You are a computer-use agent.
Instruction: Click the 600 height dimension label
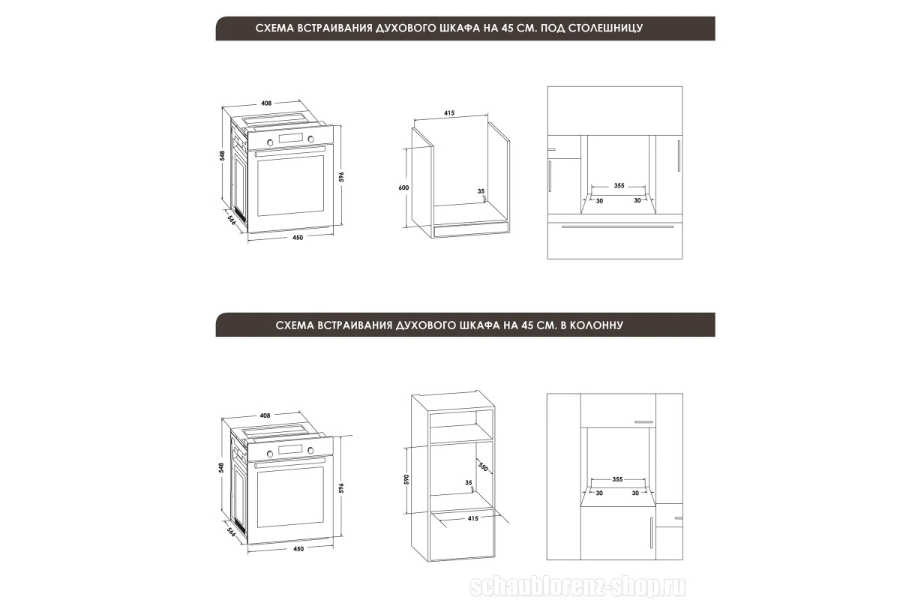403,187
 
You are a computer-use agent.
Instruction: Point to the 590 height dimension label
406,479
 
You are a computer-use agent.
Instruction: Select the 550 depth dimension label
483,466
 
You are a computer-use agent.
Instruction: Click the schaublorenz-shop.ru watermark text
577,587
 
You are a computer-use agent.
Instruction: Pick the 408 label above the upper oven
266,103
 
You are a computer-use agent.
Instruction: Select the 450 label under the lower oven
298,549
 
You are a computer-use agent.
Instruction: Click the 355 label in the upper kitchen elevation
619,186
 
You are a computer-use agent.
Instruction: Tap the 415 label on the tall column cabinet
473,518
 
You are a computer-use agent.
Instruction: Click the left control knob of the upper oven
270,142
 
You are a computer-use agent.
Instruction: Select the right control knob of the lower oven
310,451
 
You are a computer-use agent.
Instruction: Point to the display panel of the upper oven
290,138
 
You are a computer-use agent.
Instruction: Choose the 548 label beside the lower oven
221,467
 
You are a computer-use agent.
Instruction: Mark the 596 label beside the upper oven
341,176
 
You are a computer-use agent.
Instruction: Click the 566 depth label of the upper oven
232,220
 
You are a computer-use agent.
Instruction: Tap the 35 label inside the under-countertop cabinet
481,191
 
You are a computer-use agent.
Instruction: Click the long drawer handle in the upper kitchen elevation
617,227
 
